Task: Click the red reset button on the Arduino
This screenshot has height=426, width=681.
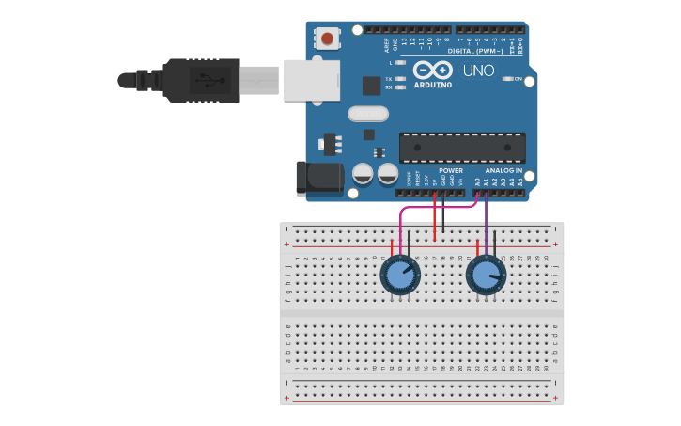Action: tap(327, 39)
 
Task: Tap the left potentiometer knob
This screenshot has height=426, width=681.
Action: tap(400, 276)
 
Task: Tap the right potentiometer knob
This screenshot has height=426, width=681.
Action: tap(486, 275)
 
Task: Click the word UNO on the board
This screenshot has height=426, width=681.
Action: tap(477, 71)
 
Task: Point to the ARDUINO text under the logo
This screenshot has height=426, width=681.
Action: tap(433, 85)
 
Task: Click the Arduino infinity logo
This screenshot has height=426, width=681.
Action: tap(433, 70)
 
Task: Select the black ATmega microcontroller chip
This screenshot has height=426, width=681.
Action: tap(462, 148)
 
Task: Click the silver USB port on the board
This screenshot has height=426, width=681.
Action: tap(311, 80)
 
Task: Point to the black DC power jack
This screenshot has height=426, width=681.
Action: tap(318, 179)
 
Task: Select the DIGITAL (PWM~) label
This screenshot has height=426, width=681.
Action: tap(475, 51)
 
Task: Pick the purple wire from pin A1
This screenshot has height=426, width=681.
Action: tap(486, 226)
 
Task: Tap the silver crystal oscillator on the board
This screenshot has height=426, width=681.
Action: tap(367, 114)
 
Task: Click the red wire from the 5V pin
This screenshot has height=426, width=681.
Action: tap(434, 216)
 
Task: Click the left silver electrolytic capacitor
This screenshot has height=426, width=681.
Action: tap(363, 174)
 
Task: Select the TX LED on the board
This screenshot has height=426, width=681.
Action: tap(401, 79)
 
